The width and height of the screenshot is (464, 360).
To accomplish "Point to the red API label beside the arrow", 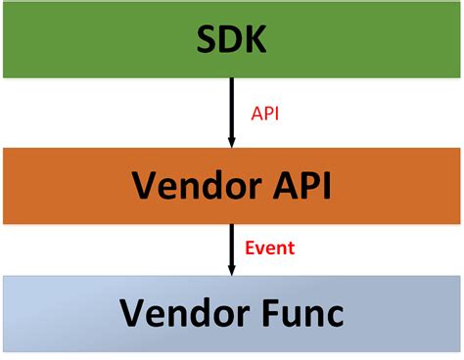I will pyautogui.click(x=266, y=113).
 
